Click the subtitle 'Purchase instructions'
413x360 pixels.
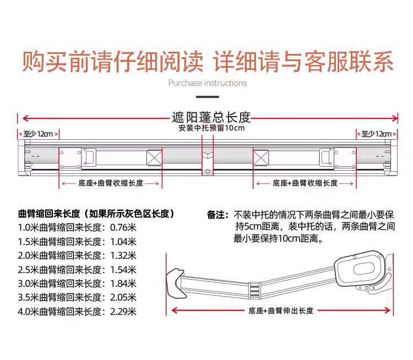[208, 83]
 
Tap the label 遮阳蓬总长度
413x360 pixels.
[211, 117]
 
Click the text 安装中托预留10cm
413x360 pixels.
[211, 128]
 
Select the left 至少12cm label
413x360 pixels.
[39, 134]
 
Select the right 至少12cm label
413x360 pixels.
[376, 134]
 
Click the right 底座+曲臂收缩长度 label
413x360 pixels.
[304, 183]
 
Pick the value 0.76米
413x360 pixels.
[124, 227]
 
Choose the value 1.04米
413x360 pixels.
[124, 241]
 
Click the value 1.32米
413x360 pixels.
[124, 255]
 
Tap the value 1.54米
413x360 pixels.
[124, 270]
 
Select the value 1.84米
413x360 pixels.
[124, 284]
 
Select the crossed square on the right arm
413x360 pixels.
[260, 158]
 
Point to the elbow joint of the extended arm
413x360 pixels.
[254, 288]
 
